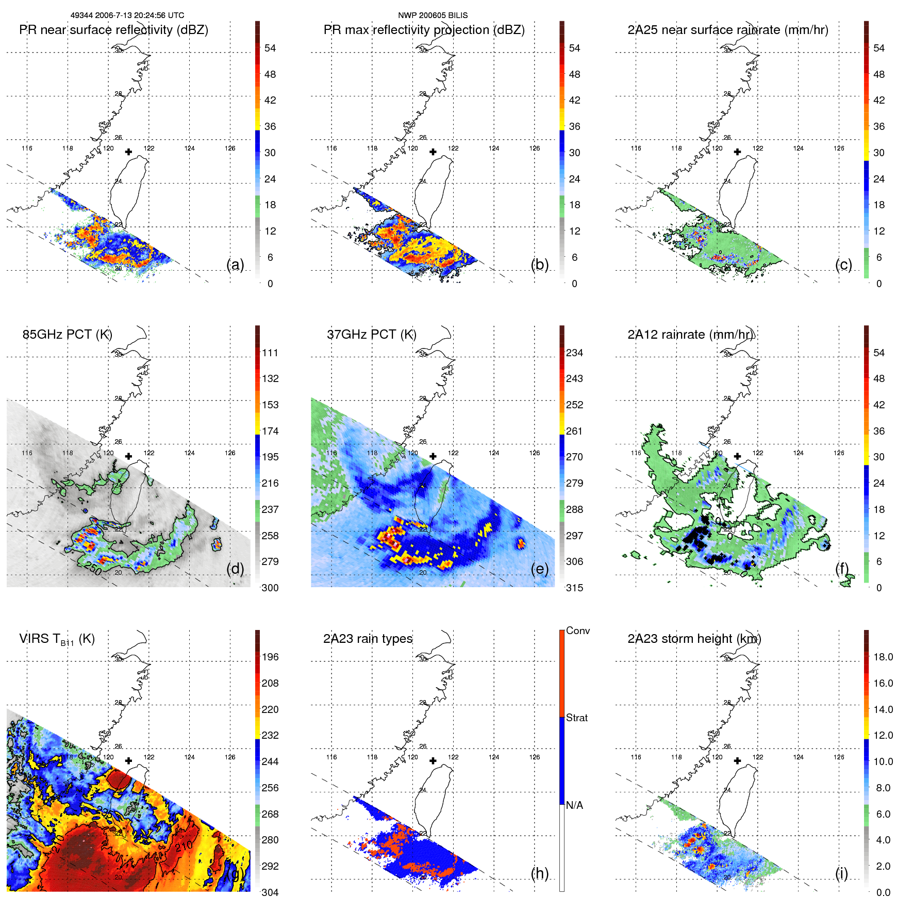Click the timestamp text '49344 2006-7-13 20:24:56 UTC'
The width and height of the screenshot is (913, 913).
127,15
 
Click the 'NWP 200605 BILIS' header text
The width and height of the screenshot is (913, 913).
433,15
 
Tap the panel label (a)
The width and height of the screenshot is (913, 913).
235,264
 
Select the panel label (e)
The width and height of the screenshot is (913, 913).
539,569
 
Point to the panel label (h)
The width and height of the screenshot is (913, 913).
539,873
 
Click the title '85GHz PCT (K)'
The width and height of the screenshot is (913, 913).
67,334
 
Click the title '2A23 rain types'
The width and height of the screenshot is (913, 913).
368,639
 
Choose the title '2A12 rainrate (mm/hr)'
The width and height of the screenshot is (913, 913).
690,334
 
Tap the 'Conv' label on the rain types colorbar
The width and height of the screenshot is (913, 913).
577,630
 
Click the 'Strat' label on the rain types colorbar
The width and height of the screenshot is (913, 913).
576,718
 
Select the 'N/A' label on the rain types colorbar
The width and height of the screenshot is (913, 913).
574,805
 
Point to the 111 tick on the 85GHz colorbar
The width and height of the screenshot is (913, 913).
270,353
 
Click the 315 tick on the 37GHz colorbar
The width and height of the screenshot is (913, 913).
574,588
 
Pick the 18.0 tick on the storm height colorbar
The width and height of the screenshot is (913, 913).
883,657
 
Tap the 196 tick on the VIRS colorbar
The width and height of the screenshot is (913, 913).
270,657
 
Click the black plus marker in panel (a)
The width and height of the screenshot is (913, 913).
128,152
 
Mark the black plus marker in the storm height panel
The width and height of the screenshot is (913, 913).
737,760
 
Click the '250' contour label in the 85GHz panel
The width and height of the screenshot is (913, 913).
93,568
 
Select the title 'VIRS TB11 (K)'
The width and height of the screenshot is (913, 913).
57,639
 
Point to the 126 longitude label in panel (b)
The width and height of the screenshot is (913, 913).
534,148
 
